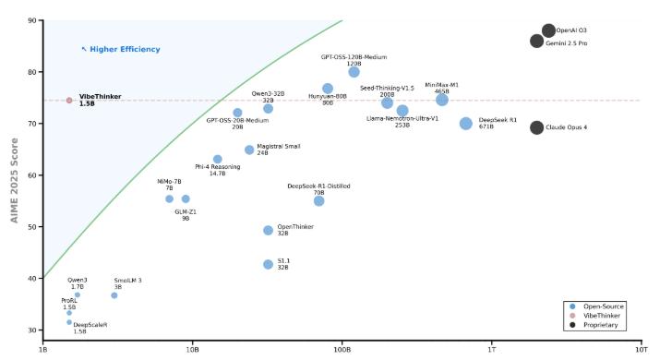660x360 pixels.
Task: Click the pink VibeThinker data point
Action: [x=69, y=101]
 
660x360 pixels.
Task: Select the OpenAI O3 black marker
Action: [x=548, y=30]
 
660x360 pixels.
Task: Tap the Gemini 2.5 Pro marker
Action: [x=536, y=42]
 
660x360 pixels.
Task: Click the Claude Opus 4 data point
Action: [x=536, y=127]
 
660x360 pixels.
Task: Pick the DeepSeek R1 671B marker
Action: [x=465, y=124]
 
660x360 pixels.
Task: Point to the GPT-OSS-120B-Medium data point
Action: [x=354, y=72]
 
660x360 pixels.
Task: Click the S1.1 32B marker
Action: [x=268, y=264]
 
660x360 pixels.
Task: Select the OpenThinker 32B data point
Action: [x=268, y=231]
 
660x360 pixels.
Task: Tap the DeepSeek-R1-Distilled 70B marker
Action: [x=319, y=201]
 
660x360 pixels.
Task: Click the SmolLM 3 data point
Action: [x=114, y=295]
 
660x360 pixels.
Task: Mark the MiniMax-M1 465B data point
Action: [x=441, y=100]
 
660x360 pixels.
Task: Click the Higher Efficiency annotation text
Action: [x=125, y=49]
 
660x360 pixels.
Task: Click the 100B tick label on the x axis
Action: [x=342, y=350]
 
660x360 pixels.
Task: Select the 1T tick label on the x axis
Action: [x=492, y=350]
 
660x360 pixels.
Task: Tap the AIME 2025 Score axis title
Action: [x=15, y=181]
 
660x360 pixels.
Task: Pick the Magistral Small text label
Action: [x=279, y=147]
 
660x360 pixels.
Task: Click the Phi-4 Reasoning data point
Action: [x=217, y=159]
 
